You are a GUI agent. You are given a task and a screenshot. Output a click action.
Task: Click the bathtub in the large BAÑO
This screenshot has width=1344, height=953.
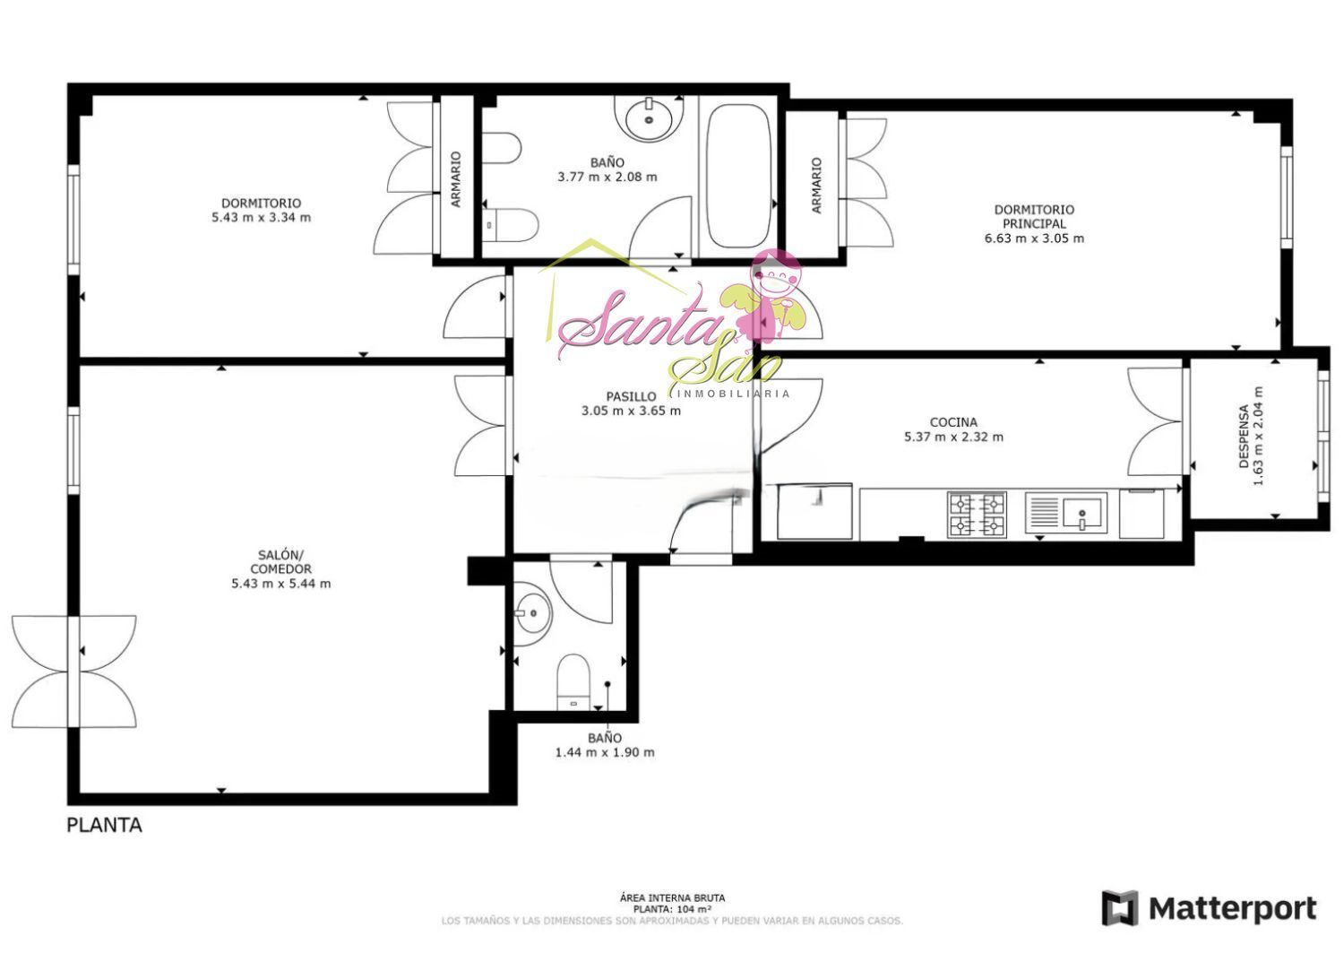(738, 177)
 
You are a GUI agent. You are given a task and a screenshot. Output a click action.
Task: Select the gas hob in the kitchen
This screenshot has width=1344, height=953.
(978, 515)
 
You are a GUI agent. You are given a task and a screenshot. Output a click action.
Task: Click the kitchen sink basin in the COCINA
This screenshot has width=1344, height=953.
(1081, 512)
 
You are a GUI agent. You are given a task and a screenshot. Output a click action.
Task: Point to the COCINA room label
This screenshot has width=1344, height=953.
(953, 422)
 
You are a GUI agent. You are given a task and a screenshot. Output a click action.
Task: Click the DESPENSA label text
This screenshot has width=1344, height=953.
(1244, 436)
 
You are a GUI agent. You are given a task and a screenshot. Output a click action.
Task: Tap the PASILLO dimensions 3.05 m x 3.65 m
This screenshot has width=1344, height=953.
(631, 412)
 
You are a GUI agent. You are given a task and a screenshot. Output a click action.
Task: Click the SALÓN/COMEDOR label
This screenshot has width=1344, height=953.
(280, 561)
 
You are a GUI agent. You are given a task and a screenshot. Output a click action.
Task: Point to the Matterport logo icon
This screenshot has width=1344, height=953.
(1120, 908)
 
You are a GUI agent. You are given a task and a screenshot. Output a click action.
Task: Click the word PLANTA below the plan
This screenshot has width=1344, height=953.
(105, 826)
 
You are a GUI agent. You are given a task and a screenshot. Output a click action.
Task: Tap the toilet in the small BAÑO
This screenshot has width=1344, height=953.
(573, 683)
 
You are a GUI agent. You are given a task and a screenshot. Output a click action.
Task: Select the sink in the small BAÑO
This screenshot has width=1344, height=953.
(531, 614)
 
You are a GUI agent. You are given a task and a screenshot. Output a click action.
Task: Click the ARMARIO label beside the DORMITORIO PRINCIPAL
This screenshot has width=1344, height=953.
(816, 186)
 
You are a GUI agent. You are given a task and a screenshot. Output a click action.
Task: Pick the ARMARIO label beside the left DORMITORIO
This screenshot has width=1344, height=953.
(456, 179)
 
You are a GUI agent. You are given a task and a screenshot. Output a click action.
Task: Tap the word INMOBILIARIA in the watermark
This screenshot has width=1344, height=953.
(733, 394)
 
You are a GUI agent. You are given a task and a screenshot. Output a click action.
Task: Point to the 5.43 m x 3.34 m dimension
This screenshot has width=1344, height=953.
(261, 217)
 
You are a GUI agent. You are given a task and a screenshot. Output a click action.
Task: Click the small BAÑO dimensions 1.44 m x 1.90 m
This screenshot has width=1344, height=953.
(605, 752)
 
